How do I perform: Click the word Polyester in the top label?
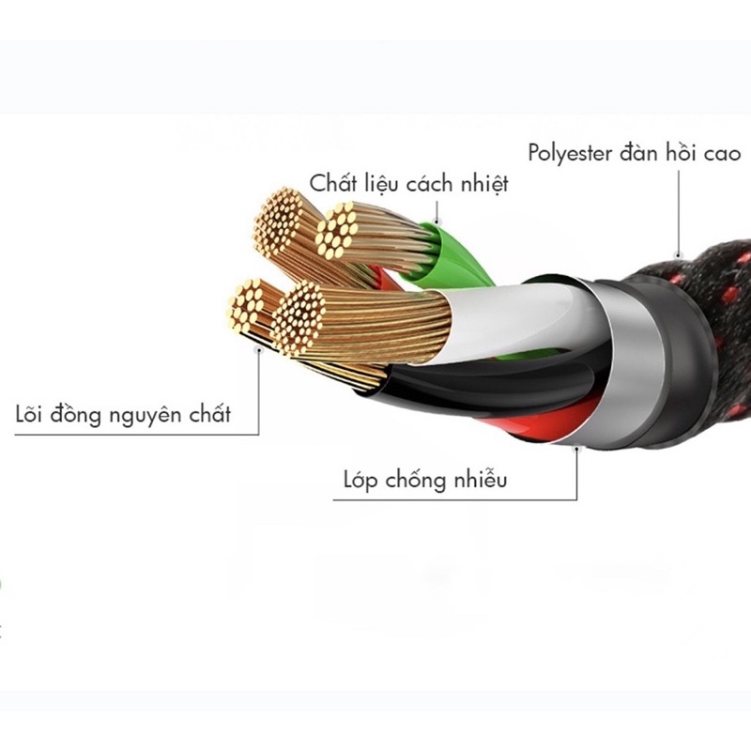pyautogui.click(x=570, y=154)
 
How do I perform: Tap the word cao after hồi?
pyautogui.click(x=722, y=154)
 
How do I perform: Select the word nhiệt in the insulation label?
pyautogui.click(x=484, y=184)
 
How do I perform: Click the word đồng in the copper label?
pyautogui.click(x=76, y=414)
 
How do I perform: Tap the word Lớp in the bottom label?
pyautogui.click(x=360, y=480)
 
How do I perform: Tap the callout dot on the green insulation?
pyautogui.click(x=437, y=222)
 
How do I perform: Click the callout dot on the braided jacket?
pyautogui.click(x=678, y=254)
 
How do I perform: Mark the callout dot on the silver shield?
pyautogui.click(x=577, y=450)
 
